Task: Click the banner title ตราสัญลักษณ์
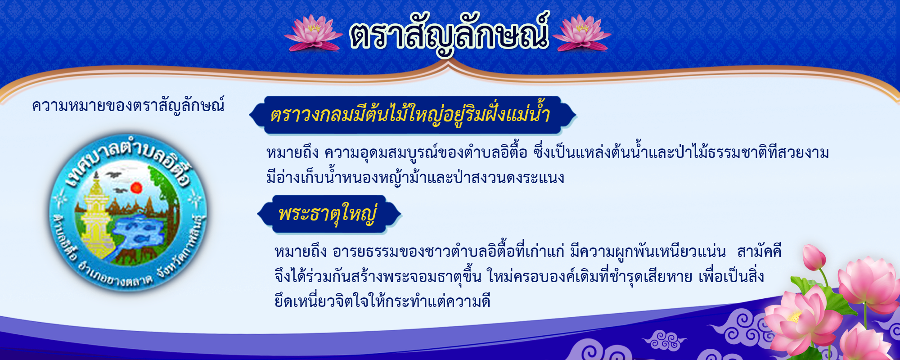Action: [x=449, y=34]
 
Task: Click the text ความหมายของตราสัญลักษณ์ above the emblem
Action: [x=128, y=106]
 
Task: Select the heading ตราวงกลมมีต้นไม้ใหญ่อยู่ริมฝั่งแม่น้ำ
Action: [x=410, y=115]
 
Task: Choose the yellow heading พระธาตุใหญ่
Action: [x=328, y=214]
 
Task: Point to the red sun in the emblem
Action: [x=136, y=187]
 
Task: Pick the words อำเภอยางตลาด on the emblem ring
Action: [x=115, y=274]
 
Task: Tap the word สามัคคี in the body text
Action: [x=759, y=251]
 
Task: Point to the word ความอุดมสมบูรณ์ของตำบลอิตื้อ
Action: [x=426, y=153]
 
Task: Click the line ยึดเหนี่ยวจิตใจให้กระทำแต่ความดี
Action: [x=382, y=301]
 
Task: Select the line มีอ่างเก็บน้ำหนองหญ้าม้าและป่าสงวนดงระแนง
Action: [x=415, y=178]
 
